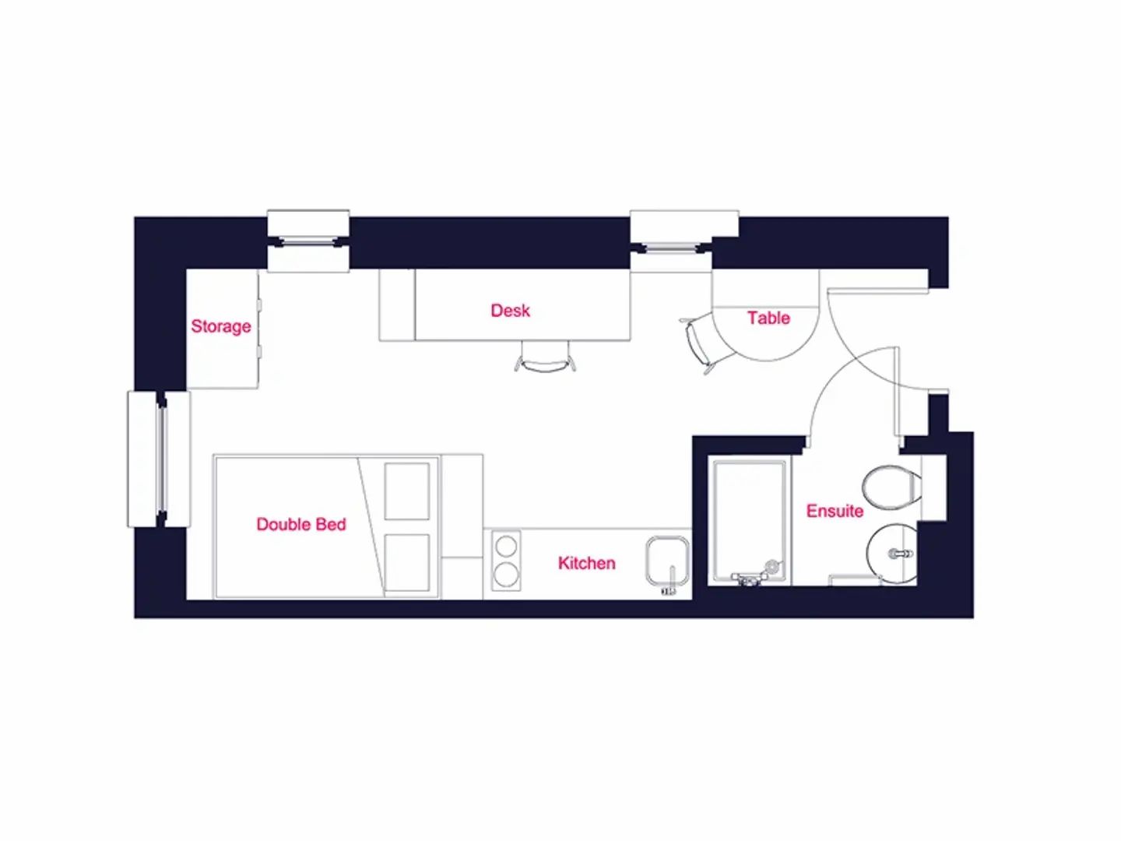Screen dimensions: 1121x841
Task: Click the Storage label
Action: [x=220, y=326]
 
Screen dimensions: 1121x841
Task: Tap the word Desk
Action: [x=510, y=311]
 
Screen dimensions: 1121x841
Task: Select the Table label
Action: [x=768, y=318]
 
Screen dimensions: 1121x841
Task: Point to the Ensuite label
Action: [x=835, y=511]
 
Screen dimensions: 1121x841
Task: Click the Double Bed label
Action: [x=301, y=524]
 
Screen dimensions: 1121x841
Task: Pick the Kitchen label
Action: [x=586, y=563]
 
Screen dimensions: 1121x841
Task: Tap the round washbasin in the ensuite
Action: [x=891, y=554]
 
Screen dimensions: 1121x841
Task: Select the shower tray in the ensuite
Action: [x=749, y=522]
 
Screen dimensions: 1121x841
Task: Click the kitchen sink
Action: [x=667, y=561]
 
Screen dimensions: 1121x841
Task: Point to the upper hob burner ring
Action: [x=506, y=547]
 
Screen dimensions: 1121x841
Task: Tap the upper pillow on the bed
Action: [x=407, y=491]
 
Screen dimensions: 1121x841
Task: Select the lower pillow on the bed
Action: [x=407, y=562]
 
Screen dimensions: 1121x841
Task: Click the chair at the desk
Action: [x=546, y=357]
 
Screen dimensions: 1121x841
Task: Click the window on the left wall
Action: [x=159, y=459]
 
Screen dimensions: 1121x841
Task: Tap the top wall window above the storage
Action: [x=308, y=241]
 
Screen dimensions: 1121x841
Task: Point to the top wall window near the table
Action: [x=672, y=241]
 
